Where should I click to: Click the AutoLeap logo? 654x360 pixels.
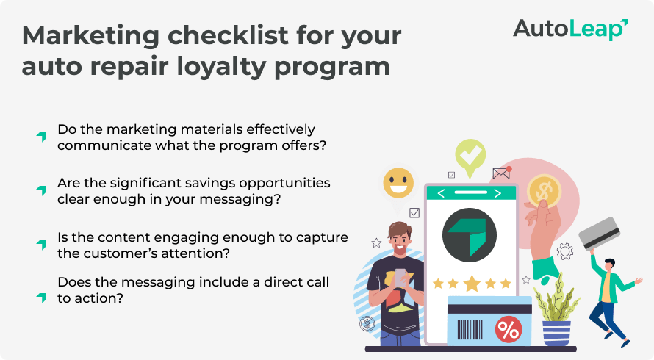(x=569, y=29)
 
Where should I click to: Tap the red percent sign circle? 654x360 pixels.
(x=508, y=329)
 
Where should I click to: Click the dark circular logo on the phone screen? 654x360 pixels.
(x=470, y=237)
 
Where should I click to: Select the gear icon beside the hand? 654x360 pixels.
(x=564, y=252)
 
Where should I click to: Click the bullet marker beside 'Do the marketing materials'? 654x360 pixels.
(x=42, y=137)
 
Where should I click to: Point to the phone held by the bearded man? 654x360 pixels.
(x=400, y=277)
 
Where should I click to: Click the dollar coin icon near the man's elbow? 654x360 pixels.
(x=366, y=323)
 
